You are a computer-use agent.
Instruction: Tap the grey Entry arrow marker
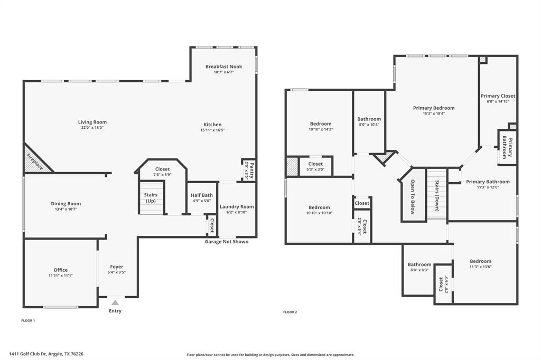click(115, 302)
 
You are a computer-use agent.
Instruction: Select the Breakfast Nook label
click(223, 67)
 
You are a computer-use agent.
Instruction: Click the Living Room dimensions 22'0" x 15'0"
click(92, 128)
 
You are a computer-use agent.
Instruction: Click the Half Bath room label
click(201, 195)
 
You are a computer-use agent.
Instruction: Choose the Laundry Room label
click(236, 207)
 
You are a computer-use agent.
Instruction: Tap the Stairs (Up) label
click(151, 198)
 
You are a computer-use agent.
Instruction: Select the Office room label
click(60, 270)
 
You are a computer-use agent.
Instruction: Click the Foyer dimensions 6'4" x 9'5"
click(116, 273)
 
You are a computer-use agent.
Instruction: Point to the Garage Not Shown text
click(226, 242)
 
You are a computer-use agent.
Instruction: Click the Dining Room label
click(66, 204)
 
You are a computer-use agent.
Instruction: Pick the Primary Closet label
click(498, 96)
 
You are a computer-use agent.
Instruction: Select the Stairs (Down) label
click(437, 196)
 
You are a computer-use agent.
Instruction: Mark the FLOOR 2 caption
click(290, 312)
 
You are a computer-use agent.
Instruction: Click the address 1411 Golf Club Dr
click(46, 354)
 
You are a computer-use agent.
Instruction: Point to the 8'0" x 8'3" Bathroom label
click(419, 265)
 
